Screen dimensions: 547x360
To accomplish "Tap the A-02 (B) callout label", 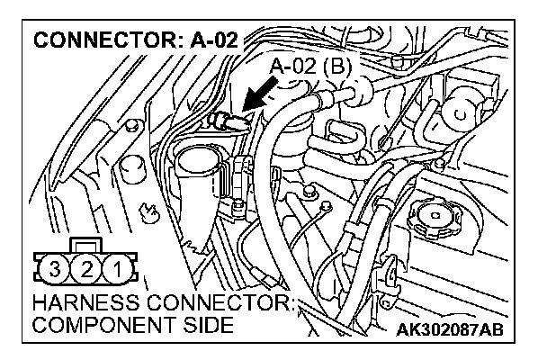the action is [x=309, y=66].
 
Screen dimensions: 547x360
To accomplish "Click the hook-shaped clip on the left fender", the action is [x=149, y=213].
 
